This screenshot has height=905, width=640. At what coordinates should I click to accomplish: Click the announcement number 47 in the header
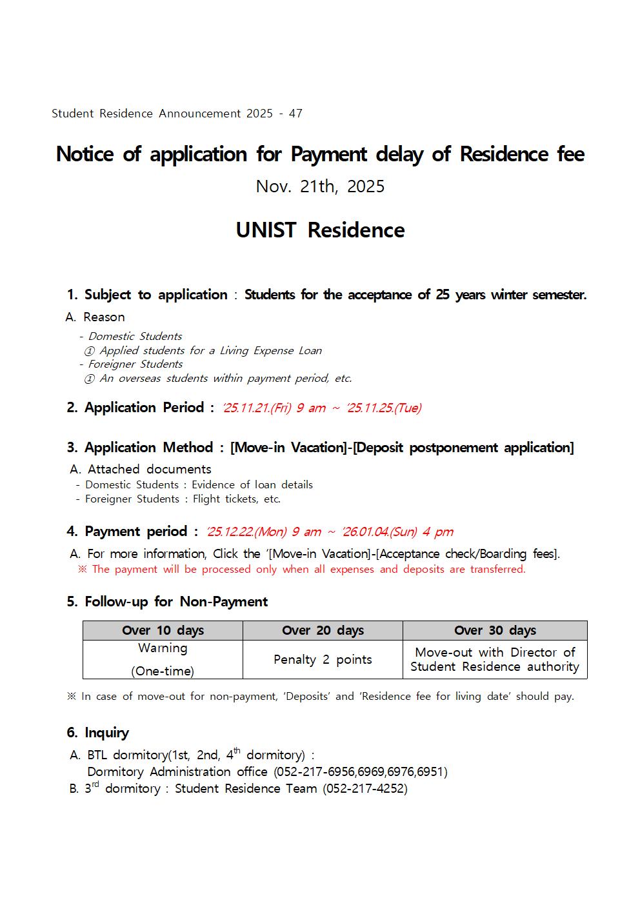(295, 114)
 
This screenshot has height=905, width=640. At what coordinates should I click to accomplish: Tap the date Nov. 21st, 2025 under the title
(320, 186)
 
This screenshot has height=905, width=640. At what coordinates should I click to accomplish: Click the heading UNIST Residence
(320, 230)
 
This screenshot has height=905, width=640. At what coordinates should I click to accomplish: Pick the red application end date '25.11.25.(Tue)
(384, 408)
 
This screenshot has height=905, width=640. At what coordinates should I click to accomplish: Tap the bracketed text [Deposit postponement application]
(463, 448)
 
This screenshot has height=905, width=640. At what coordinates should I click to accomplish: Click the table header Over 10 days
(163, 630)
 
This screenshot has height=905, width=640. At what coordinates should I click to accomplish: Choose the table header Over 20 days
(323, 630)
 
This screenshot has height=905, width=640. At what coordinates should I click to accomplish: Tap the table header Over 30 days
(495, 630)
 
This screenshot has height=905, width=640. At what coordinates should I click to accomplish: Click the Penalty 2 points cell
(323, 659)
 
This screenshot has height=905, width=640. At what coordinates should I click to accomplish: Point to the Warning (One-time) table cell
(163, 659)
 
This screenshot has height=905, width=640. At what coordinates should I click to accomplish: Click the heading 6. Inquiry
(98, 733)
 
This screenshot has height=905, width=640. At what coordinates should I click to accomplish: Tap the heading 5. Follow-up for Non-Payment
(167, 602)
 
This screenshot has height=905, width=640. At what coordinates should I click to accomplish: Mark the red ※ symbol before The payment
(82, 569)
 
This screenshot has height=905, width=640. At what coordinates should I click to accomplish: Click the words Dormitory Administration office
(177, 771)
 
